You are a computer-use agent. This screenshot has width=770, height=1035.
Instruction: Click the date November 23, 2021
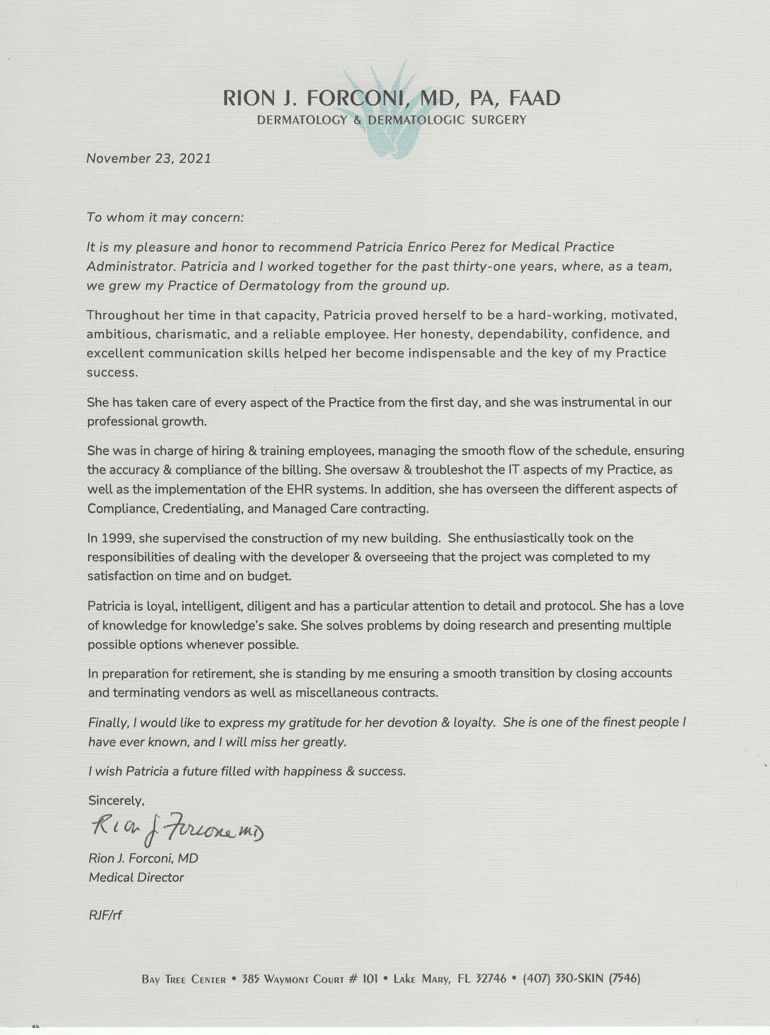tap(149, 158)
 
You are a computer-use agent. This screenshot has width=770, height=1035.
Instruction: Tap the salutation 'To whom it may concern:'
tap(165, 217)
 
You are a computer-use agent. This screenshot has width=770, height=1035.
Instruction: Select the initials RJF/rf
tap(105, 915)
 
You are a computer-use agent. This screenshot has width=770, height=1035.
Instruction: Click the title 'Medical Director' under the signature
tap(136, 877)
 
